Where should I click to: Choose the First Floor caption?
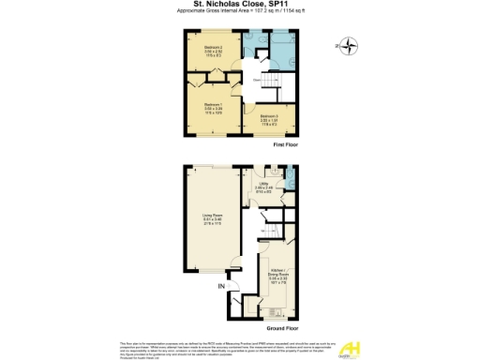(x=285, y=146)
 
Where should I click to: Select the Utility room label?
(x=264, y=187)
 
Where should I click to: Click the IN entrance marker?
(x=221, y=285)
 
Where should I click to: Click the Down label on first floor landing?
(x=255, y=80)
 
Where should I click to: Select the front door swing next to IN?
(x=235, y=301)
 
